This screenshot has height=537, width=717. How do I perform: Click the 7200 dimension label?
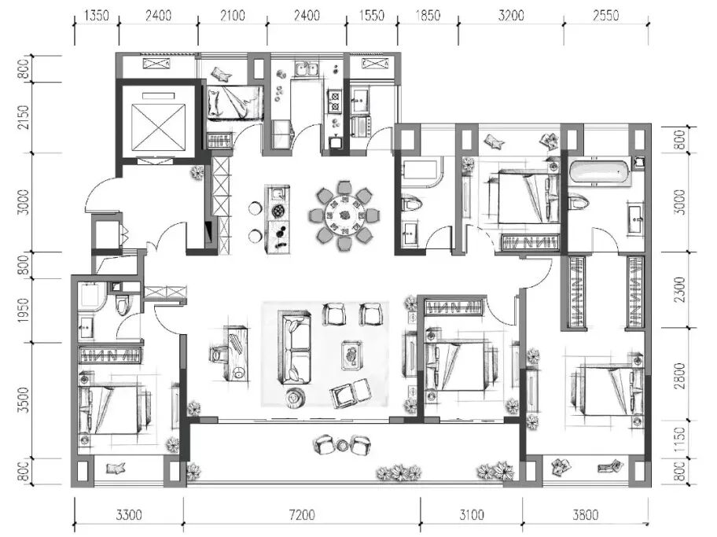coord(302,515)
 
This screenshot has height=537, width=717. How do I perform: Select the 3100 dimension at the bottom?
coord(472,515)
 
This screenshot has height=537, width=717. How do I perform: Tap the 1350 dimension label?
coord(97,16)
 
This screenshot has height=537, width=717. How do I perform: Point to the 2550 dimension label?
coord(606,16)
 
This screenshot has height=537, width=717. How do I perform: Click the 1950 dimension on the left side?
coord(24,310)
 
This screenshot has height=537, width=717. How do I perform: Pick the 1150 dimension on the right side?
coord(680,440)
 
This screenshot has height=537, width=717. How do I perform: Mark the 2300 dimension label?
coord(680,289)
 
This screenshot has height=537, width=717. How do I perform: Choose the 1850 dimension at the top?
coord(428,16)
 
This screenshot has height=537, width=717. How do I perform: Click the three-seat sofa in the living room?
coord(295,348)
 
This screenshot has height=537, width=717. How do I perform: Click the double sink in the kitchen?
coord(307,69)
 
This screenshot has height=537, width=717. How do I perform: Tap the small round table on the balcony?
coord(343,444)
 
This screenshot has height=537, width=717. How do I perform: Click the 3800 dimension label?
coord(585,515)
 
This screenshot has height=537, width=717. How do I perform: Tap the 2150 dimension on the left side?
coord(24,117)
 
